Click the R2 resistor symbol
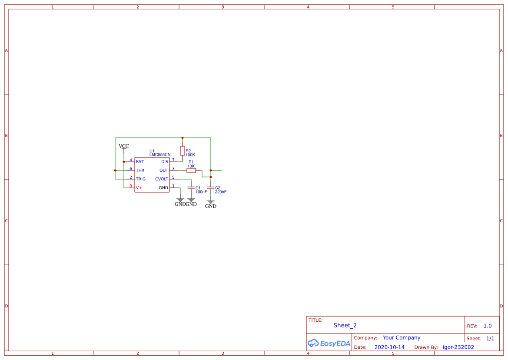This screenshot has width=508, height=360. point(183,151)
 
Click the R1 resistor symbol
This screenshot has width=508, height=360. point(191,170)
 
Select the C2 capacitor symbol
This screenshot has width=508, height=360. point(211,188)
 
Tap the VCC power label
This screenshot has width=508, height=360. point(124,146)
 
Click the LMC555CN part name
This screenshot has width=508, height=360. point(160,155)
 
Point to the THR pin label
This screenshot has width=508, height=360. point(140,170)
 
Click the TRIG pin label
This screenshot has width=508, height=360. point(141,179)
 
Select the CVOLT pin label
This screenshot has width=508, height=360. point(162,179)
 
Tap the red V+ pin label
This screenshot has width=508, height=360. point(139,188)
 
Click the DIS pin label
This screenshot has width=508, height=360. point(165,162)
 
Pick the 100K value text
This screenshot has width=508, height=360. point(190,155)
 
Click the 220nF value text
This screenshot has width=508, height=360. point(221,192)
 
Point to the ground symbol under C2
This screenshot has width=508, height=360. point(211,203)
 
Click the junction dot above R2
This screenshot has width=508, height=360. point(183,138)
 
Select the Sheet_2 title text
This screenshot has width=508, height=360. point(345,325)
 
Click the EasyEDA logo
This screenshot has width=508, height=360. point(329,343)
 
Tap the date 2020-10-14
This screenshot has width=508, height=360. point(389,347)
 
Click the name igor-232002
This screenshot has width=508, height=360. point(458,347)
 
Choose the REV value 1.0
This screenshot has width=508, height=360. point(488,326)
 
